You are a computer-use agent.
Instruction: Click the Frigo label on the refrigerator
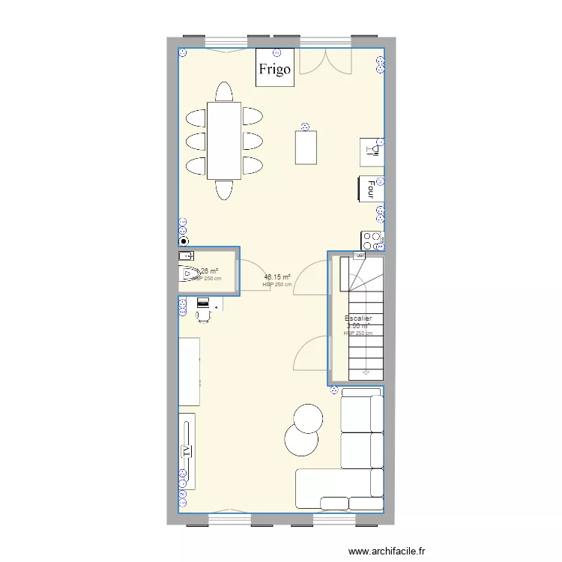275,70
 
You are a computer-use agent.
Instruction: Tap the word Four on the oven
371,187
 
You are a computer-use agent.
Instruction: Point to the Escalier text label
358,318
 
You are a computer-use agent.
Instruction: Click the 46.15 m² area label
277,277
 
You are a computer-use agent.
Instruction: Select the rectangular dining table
224,140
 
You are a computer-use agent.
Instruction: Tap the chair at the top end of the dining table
224,92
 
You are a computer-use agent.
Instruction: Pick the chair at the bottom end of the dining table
224,190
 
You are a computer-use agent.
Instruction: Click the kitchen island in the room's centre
306,147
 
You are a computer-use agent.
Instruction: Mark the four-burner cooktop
372,240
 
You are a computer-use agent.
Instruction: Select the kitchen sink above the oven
372,151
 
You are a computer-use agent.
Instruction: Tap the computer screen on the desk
202,302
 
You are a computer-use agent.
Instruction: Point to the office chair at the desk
203,315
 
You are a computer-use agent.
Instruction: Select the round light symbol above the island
304,126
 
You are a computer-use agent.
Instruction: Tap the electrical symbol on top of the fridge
277,52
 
